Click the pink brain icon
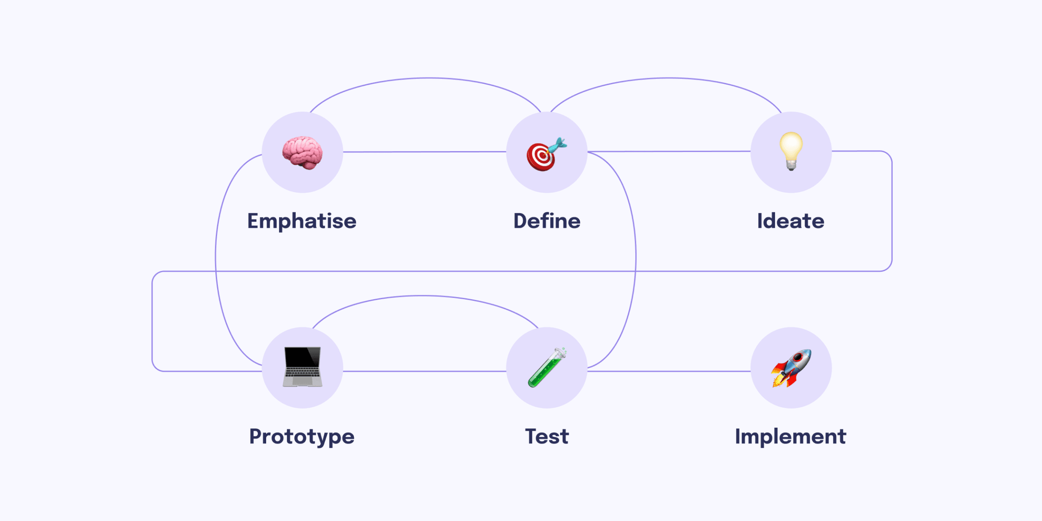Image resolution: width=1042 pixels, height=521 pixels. (x=302, y=152)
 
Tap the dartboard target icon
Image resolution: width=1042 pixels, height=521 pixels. (x=541, y=156)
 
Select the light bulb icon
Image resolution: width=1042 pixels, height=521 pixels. (x=791, y=151)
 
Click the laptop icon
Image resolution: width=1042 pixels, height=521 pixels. (x=303, y=367)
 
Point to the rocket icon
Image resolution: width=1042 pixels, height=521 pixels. (x=791, y=368)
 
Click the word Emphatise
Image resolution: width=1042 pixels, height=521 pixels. (x=302, y=221)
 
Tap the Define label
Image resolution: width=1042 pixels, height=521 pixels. (x=547, y=221)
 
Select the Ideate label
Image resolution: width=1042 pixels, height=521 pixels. (x=791, y=221)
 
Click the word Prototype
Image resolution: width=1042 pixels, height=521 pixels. (x=302, y=437)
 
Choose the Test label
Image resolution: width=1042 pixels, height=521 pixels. (x=547, y=436)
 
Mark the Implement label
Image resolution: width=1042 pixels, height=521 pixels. (x=790, y=436)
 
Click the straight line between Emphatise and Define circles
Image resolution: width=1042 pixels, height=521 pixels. (x=425, y=152)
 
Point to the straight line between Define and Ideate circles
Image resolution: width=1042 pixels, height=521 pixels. (x=669, y=152)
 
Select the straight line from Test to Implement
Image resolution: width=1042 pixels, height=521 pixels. (x=669, y=371)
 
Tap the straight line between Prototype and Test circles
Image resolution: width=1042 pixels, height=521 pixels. (x=425, y=371)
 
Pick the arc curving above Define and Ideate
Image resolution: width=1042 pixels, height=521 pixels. (x=669, y=78)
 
